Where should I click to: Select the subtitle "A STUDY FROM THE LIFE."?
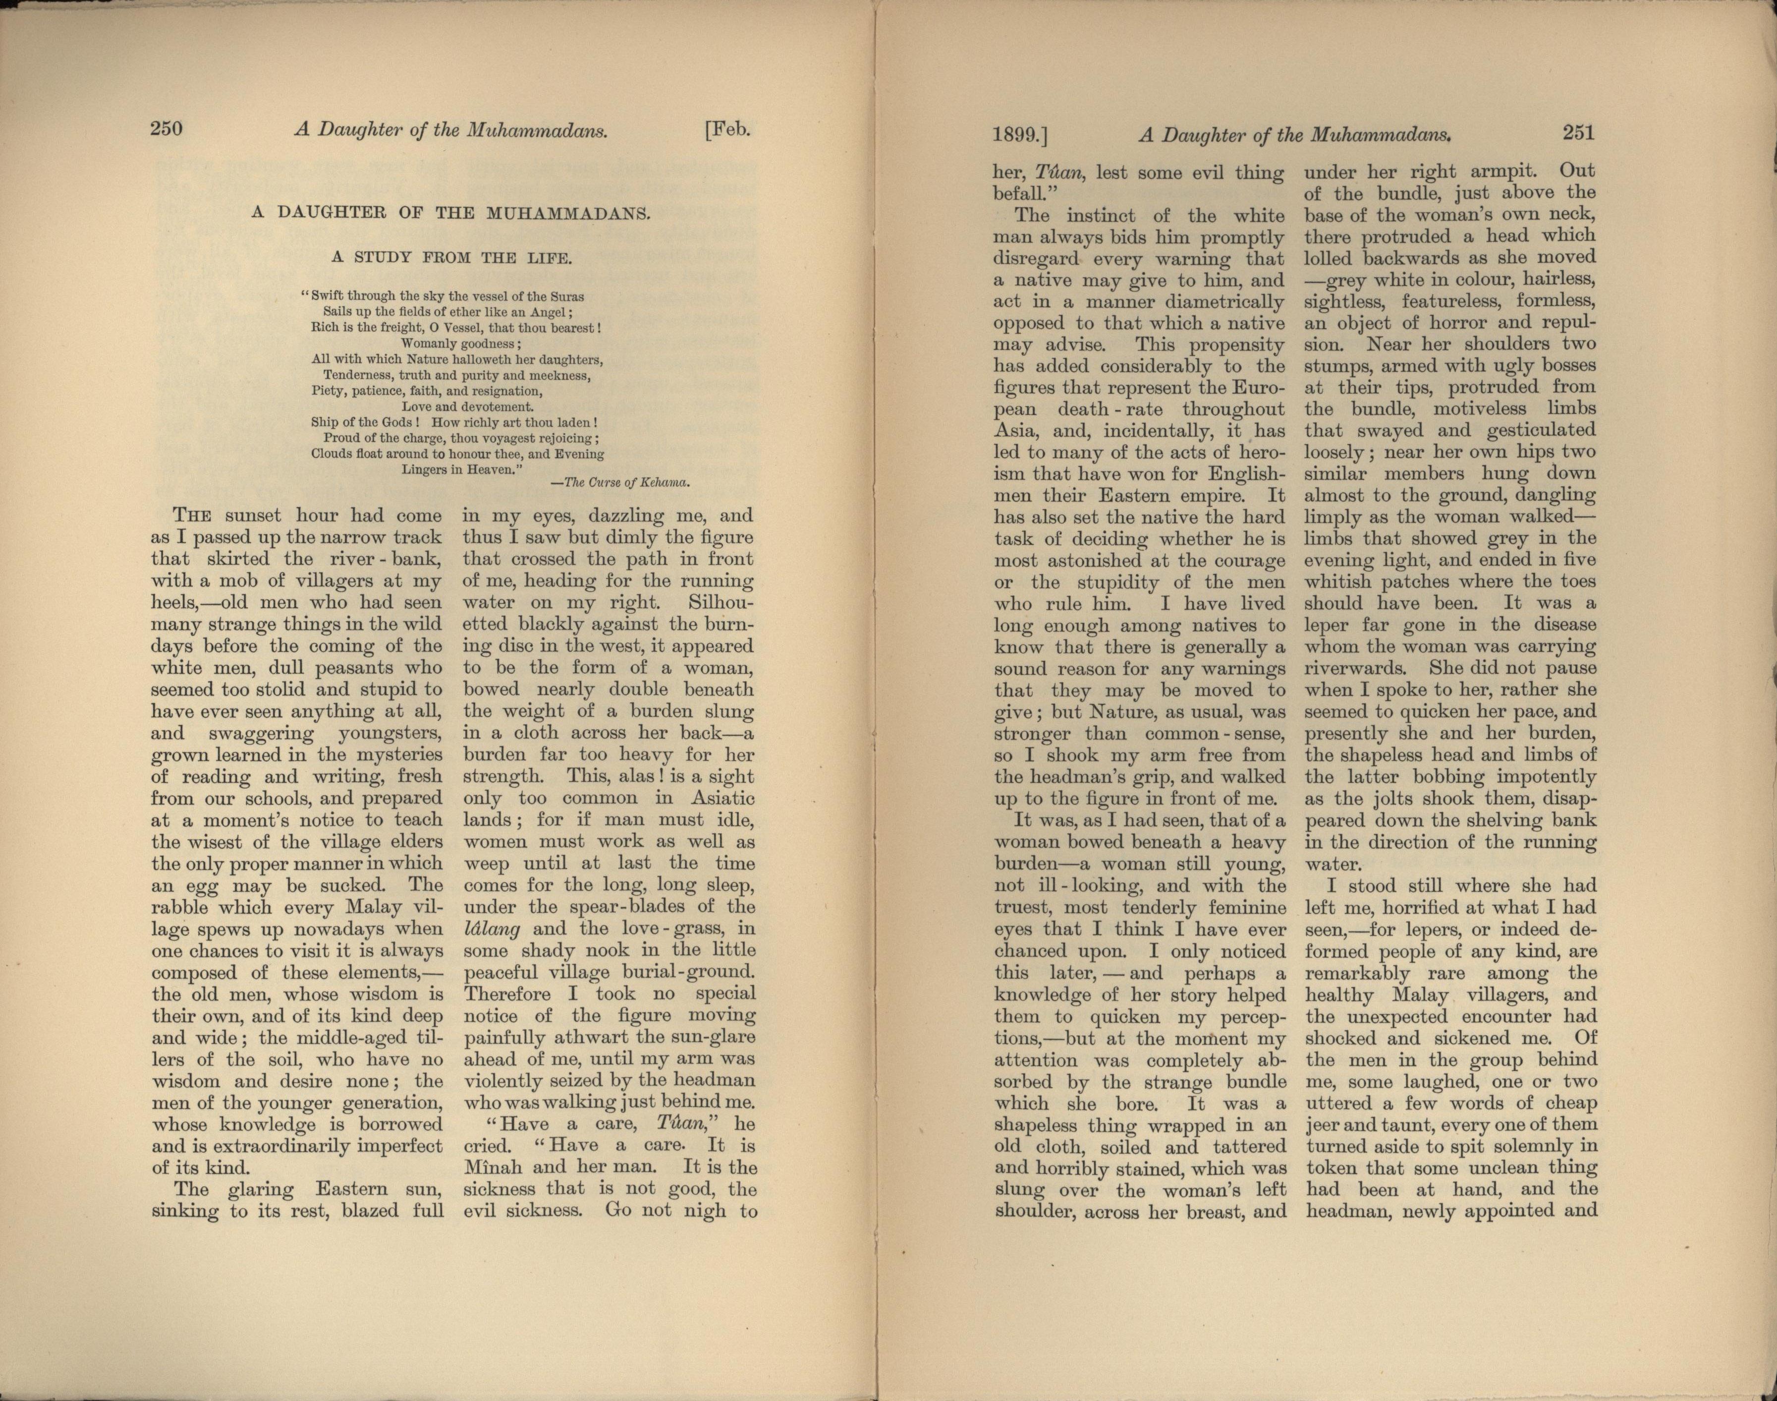[451, 257]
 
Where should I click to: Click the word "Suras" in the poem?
[566, 296]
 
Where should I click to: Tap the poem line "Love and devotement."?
[467, 406]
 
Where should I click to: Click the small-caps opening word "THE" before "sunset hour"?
[193, 516]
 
